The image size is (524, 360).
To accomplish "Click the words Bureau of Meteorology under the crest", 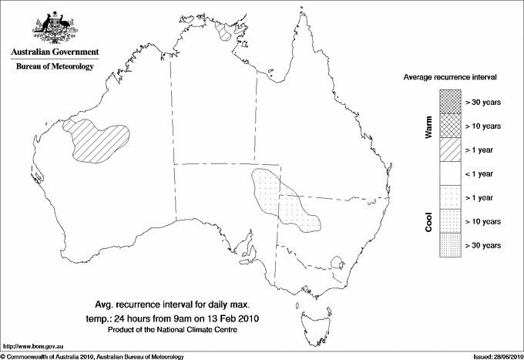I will tap(55, 67).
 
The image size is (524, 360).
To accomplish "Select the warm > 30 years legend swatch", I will tap(451, 101).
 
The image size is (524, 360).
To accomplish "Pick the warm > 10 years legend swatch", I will tap(451, 125).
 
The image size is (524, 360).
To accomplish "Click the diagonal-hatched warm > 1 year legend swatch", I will tap(451, 149).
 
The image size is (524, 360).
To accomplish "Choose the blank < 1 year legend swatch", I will tap(451, 173).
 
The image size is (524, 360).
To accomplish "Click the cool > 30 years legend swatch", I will tap(451, 244).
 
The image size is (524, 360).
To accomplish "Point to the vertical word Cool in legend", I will tap(429, 220).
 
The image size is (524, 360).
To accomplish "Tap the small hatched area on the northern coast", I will tap(225, 32).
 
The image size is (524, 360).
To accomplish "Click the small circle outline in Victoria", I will tap(336, 263).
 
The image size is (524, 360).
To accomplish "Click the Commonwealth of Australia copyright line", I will tap(92, 355).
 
